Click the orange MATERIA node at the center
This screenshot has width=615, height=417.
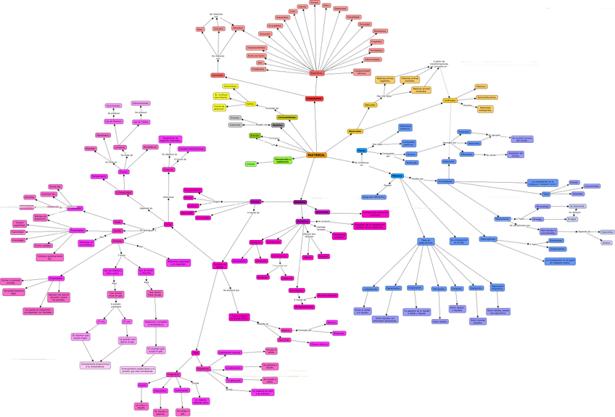[317, 155]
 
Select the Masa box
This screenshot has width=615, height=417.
[199, 29]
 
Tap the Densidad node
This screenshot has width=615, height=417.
[238, 28]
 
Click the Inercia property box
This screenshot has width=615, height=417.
[218, 28]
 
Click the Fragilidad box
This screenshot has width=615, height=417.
[376, 41]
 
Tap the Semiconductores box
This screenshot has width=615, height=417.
[487, 97]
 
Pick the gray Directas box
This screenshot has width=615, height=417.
[234, 117]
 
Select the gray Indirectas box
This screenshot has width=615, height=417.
[235, 125]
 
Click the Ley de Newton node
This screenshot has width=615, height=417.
[113, 122]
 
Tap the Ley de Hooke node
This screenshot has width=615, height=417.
[140, 122]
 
